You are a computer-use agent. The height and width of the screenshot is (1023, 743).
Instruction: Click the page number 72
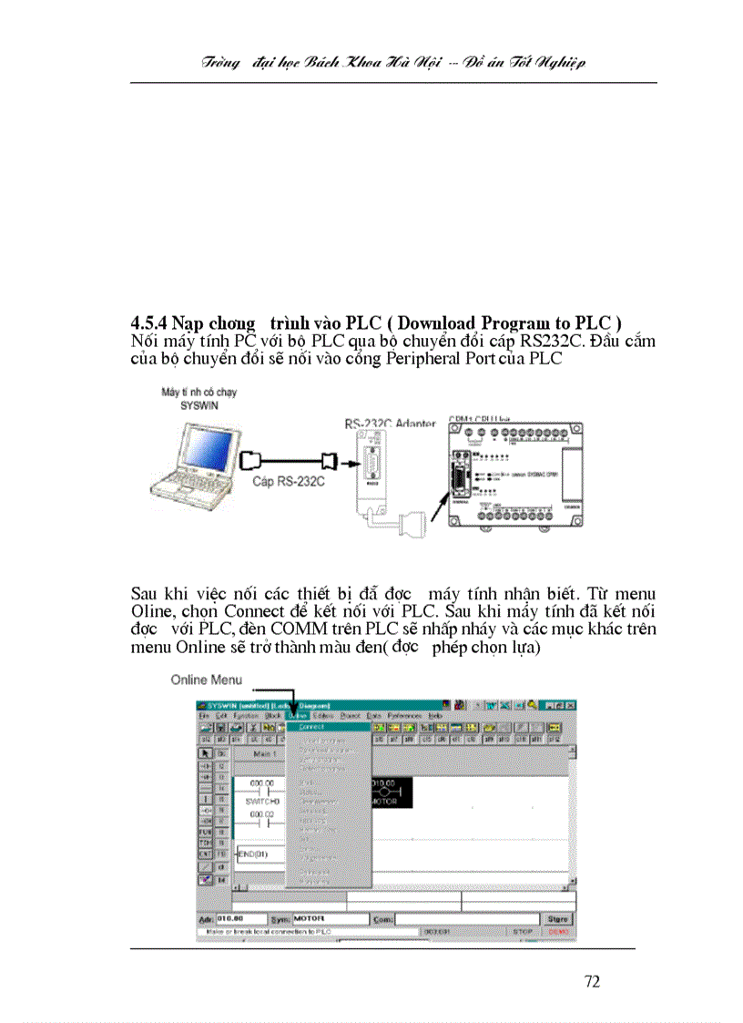tap(592, 981)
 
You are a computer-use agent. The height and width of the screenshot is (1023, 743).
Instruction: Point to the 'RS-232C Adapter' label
tap(390, 424)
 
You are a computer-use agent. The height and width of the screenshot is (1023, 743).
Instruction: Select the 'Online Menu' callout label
tap(206, 680)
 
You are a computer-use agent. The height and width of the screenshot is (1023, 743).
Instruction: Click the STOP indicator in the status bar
tap(522, 932)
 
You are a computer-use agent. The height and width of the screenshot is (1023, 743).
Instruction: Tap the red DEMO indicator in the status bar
tap(558, 932)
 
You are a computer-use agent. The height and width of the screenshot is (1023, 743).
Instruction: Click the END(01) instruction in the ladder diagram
tap(252, 854)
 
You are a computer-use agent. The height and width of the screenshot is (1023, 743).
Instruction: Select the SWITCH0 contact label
tap(261, 801)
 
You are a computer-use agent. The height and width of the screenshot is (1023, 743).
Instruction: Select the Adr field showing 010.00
tap(241, 919)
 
